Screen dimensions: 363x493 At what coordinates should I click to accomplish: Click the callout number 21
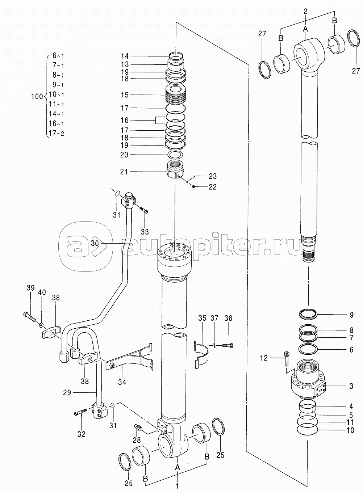click(124, 172)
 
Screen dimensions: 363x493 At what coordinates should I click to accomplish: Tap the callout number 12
click(264, 358)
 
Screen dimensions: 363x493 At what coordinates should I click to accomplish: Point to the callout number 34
click(122, 382)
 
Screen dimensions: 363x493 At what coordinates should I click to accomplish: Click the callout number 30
click(95, 243)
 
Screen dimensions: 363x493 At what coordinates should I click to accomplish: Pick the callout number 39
click(31, 288)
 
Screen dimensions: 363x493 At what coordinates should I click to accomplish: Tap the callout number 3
click(351, 386)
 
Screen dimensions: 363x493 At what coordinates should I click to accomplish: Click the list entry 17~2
click(57, 133)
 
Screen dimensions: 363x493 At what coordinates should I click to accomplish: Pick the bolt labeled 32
click(80, 413)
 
